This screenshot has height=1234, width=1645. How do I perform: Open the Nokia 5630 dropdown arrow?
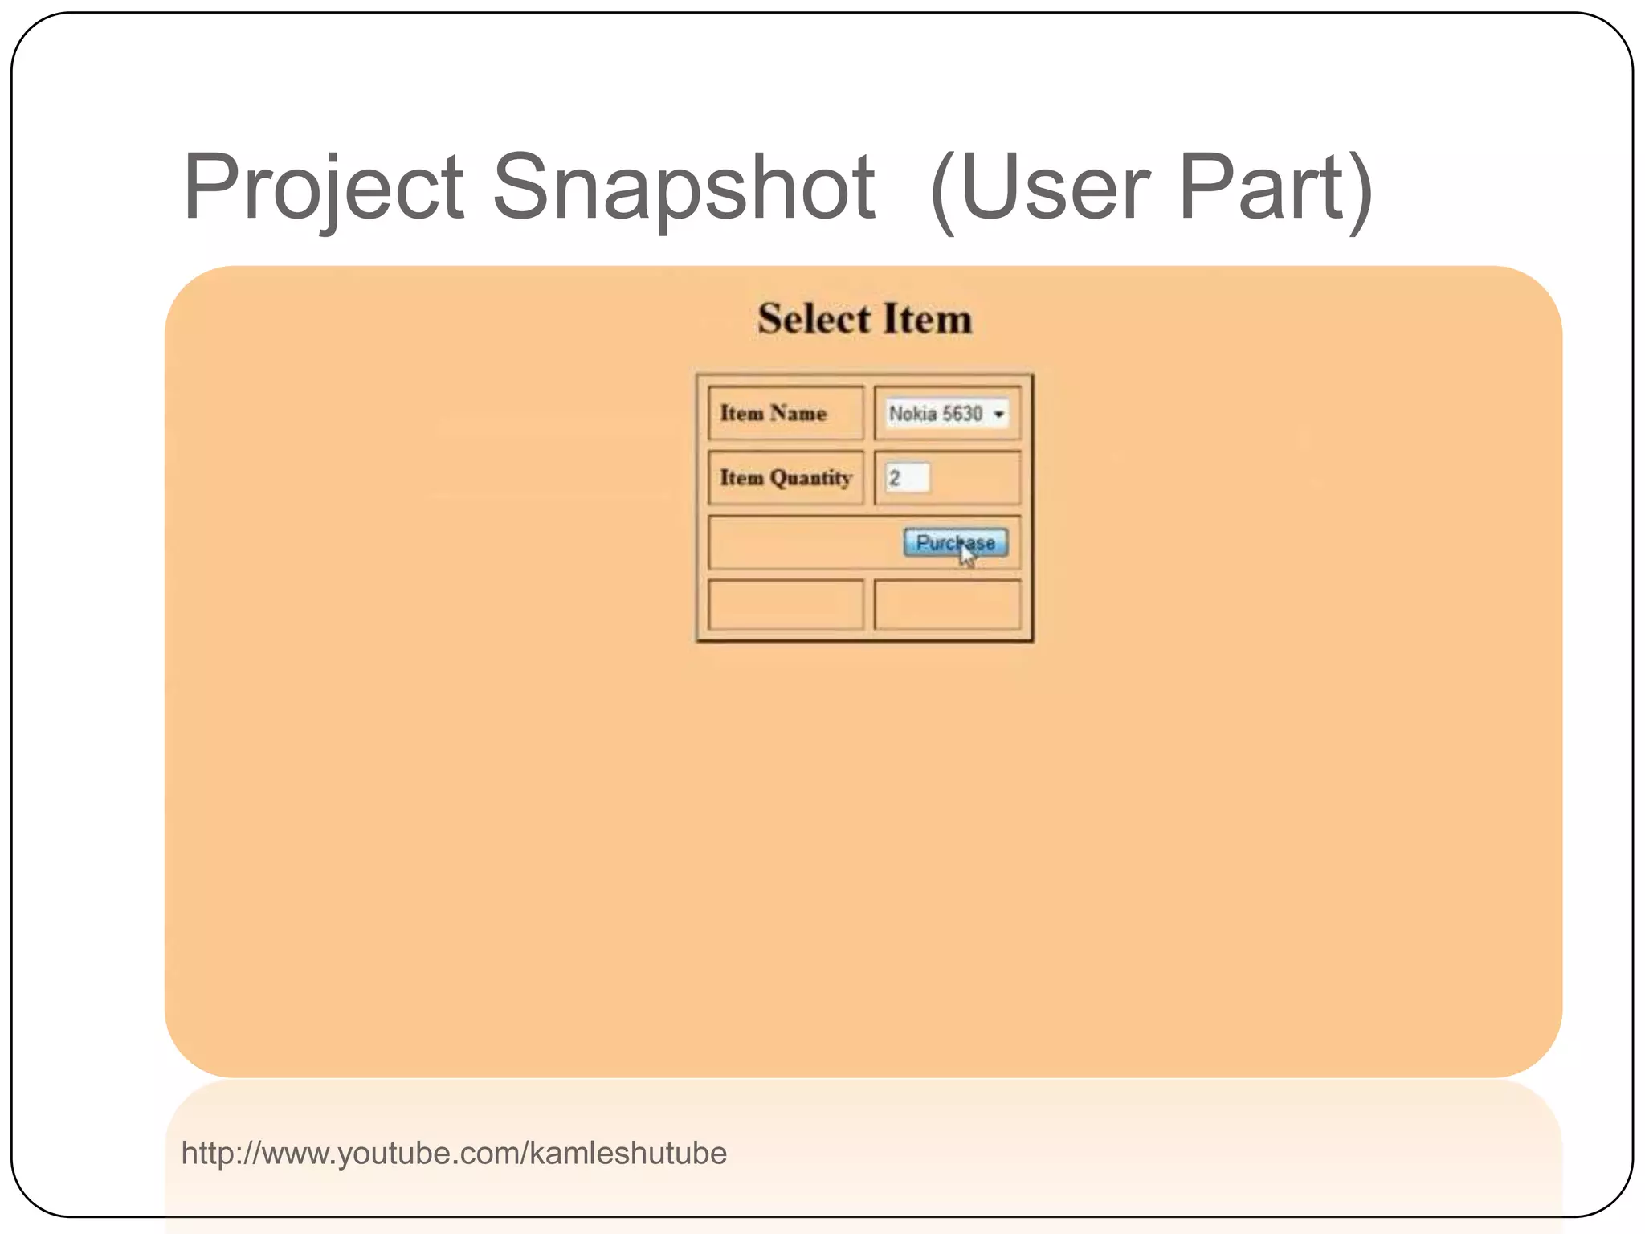[x=998, y=415]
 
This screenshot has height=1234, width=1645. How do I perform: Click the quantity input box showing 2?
[x=907, y=478]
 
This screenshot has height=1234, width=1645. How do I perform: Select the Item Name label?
[x=773, y=413]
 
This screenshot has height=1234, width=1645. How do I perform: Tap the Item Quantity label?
[x=785, y=478]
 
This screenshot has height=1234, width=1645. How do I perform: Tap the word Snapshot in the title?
[x=683, y=189]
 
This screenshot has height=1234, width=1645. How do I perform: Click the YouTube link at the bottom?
[x=454, y=1154]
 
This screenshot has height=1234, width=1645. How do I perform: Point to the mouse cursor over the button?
[x=966, y=554]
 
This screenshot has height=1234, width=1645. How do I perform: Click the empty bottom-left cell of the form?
[x=786, y=605]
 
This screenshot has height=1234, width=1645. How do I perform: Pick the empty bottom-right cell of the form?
[x=947, y=605]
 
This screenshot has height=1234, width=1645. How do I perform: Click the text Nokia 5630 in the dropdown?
[x=935, y=414]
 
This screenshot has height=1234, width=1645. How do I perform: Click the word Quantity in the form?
[x=810, y=478]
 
